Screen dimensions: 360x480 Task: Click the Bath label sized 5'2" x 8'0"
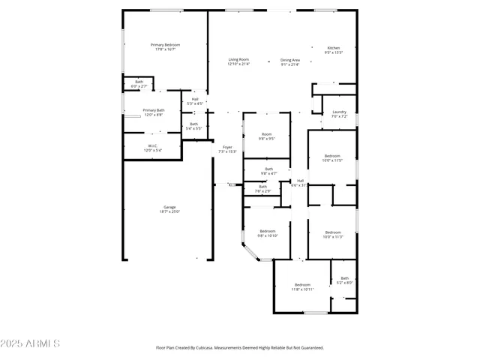344,280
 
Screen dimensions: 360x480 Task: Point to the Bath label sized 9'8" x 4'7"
268,171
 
